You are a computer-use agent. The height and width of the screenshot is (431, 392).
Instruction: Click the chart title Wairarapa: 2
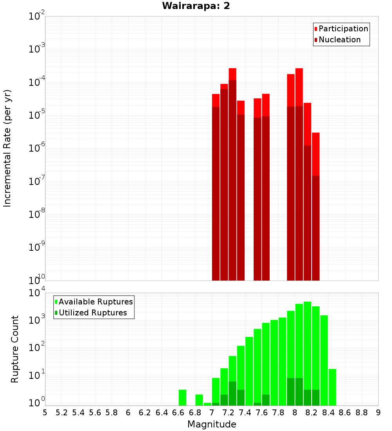(x=196, y=6)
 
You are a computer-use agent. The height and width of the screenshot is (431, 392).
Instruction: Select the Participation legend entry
(x=343, y=29)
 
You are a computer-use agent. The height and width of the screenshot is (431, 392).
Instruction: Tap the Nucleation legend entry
(x=339, y=40)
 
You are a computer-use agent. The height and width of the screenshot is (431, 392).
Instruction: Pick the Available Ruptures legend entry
(x=96, y=302)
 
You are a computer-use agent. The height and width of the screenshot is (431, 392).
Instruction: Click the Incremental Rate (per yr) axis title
(x=8, y=148)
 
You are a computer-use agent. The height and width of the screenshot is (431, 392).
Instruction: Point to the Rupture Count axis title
(x=15, y=349)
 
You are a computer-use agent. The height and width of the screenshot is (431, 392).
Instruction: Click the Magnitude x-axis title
(x=212, y=424)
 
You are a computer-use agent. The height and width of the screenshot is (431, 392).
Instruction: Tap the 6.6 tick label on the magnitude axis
(x=178, y=413)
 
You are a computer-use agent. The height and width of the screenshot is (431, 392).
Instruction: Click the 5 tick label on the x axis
(x=45, y=413)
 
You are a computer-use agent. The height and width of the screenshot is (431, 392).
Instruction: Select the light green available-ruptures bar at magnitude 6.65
(x=182, y=397)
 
